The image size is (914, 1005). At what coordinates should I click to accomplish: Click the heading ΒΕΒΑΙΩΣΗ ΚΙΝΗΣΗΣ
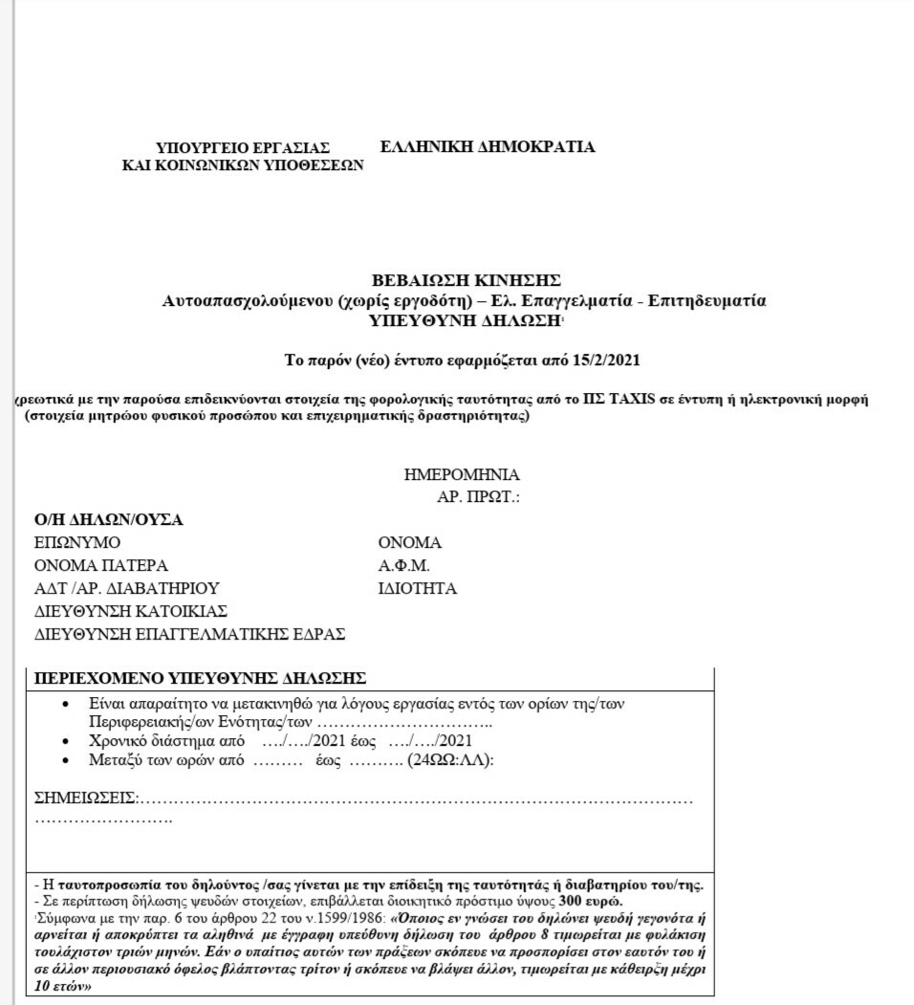(466, 280)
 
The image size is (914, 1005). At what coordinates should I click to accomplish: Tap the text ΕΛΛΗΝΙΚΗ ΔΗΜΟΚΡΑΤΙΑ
(487, 146)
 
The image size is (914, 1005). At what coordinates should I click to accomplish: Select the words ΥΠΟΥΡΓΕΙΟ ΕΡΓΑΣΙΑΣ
(242, 147)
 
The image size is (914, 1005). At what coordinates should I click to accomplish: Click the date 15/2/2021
(606, 360)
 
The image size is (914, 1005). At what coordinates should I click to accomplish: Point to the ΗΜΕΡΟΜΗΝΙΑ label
(462, 474)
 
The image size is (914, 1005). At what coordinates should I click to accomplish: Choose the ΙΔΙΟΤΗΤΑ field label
(417, 588)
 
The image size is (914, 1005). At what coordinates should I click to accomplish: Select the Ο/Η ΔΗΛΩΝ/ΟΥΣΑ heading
(108, 520)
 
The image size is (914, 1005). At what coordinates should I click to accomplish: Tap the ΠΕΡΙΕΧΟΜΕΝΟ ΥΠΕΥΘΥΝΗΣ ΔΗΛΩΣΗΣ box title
(200, 678)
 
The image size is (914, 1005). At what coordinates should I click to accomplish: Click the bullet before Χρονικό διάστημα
(64, 741)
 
